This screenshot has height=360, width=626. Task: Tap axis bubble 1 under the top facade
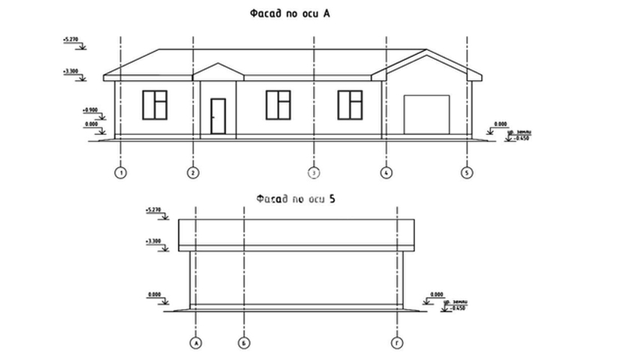pyautogui.click(x=120, y=172)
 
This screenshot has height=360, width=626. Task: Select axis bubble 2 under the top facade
pyautogui.click(x=193, y=172)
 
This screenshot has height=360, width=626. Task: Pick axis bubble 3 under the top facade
pyautogui.click(x=315, y=172)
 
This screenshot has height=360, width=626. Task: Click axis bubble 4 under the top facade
pyautogui.click(x=386, y=172)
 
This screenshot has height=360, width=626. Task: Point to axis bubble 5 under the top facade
pyautogui.click(x=467, y=172)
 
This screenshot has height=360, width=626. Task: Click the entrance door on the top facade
pyautogui.click(x=218, y=116)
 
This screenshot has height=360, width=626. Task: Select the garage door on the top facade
pyautogui.click(x=426, y=115)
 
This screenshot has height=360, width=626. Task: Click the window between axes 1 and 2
pyautogui.click(x=154, y=104)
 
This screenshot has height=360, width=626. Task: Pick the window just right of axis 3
pyautogui.click(x=278, y=104)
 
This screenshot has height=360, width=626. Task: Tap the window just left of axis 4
pyautogui.click(x=350, y=104)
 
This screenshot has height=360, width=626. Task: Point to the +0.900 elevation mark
pyautogui.click(x=91, y=109)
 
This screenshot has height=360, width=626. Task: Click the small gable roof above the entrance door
pyautogui.click(x=218, y=71)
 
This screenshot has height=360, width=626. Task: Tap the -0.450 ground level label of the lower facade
pyautogui.click(x=456, y=308)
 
